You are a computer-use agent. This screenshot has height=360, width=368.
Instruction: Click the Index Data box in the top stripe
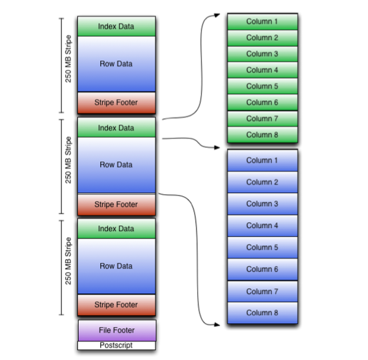116,27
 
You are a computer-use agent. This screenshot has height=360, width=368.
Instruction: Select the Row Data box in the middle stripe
116,165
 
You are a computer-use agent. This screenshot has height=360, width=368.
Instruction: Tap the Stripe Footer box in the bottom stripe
116,305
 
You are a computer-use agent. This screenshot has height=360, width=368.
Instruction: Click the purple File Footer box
116,330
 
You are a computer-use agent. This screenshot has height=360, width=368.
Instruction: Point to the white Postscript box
116,345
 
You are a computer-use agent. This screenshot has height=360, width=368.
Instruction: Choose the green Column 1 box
262,22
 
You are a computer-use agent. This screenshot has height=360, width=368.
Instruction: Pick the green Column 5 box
262,86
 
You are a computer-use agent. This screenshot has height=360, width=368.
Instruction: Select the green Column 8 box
262,135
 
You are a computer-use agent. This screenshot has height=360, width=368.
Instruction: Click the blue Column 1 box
262,161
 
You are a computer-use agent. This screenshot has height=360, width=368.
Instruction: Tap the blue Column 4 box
262,226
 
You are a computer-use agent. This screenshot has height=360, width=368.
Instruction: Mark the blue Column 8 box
262,313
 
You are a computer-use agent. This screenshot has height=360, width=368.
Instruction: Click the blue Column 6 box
262,269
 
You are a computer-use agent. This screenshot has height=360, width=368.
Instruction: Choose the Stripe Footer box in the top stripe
116,102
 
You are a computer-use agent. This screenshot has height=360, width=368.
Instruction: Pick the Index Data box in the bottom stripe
116,229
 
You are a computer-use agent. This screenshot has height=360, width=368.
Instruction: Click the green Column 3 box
262,54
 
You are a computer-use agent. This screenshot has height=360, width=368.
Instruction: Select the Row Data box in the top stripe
116,64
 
